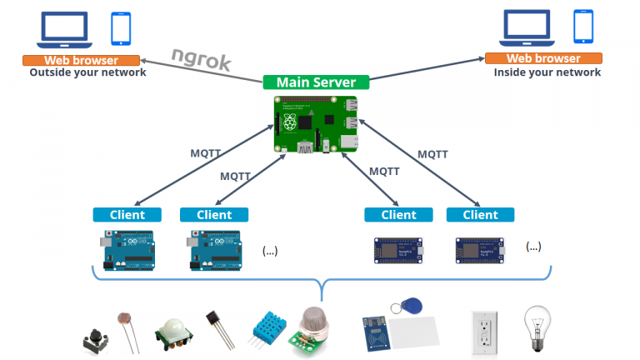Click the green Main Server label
pos(317,82)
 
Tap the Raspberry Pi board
pos(316,124)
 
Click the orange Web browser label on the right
pos(543,58)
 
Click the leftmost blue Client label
pos(127,214)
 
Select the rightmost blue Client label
pos(480,214)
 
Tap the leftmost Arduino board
pos(127,249)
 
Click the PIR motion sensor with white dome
pos(173,332)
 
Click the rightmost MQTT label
pos(432,154)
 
